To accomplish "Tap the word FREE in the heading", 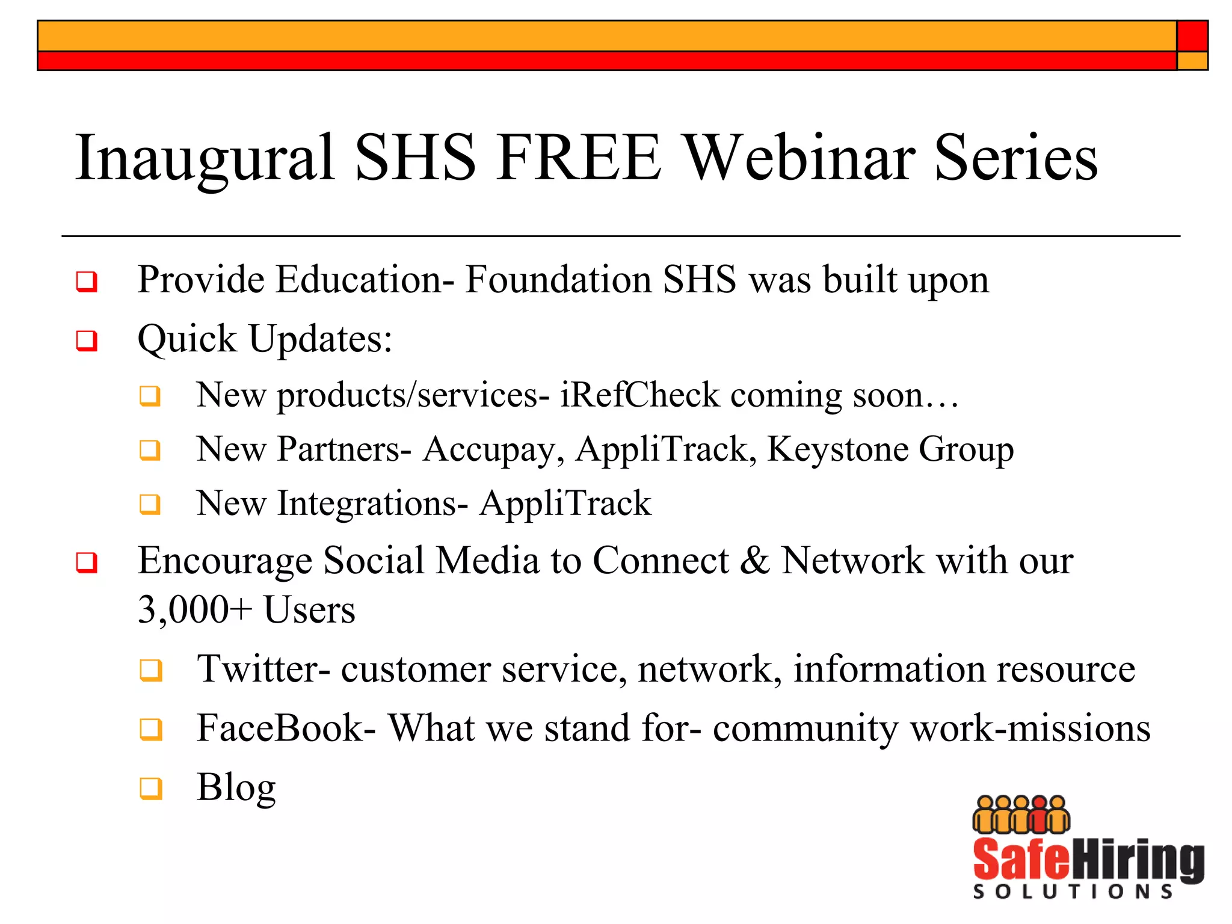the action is coord(579,157).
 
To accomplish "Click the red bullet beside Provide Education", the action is coord(87,281).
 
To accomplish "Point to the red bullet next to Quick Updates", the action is coord(87,340).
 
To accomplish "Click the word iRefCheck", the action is coord(639,395).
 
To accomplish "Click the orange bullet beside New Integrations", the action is coord(150,504).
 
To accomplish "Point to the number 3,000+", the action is coord(194,610).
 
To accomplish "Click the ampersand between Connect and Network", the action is coord(754,561).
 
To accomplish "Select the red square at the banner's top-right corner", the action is coord(1192,36).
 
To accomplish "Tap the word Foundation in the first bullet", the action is coord(559,280).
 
